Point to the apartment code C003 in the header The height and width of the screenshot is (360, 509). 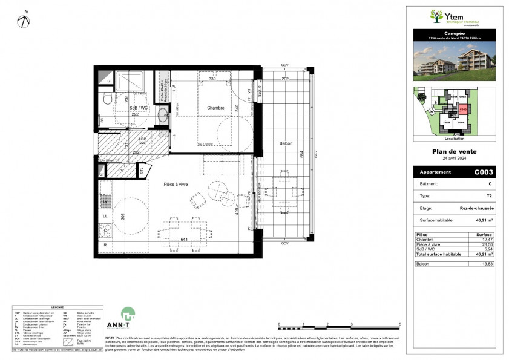(483, 172)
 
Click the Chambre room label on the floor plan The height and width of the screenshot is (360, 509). (215, 108)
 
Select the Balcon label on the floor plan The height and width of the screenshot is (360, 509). (286, 143)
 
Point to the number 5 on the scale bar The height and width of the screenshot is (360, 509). (400, 325)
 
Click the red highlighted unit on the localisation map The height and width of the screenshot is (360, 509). (463, 110)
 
